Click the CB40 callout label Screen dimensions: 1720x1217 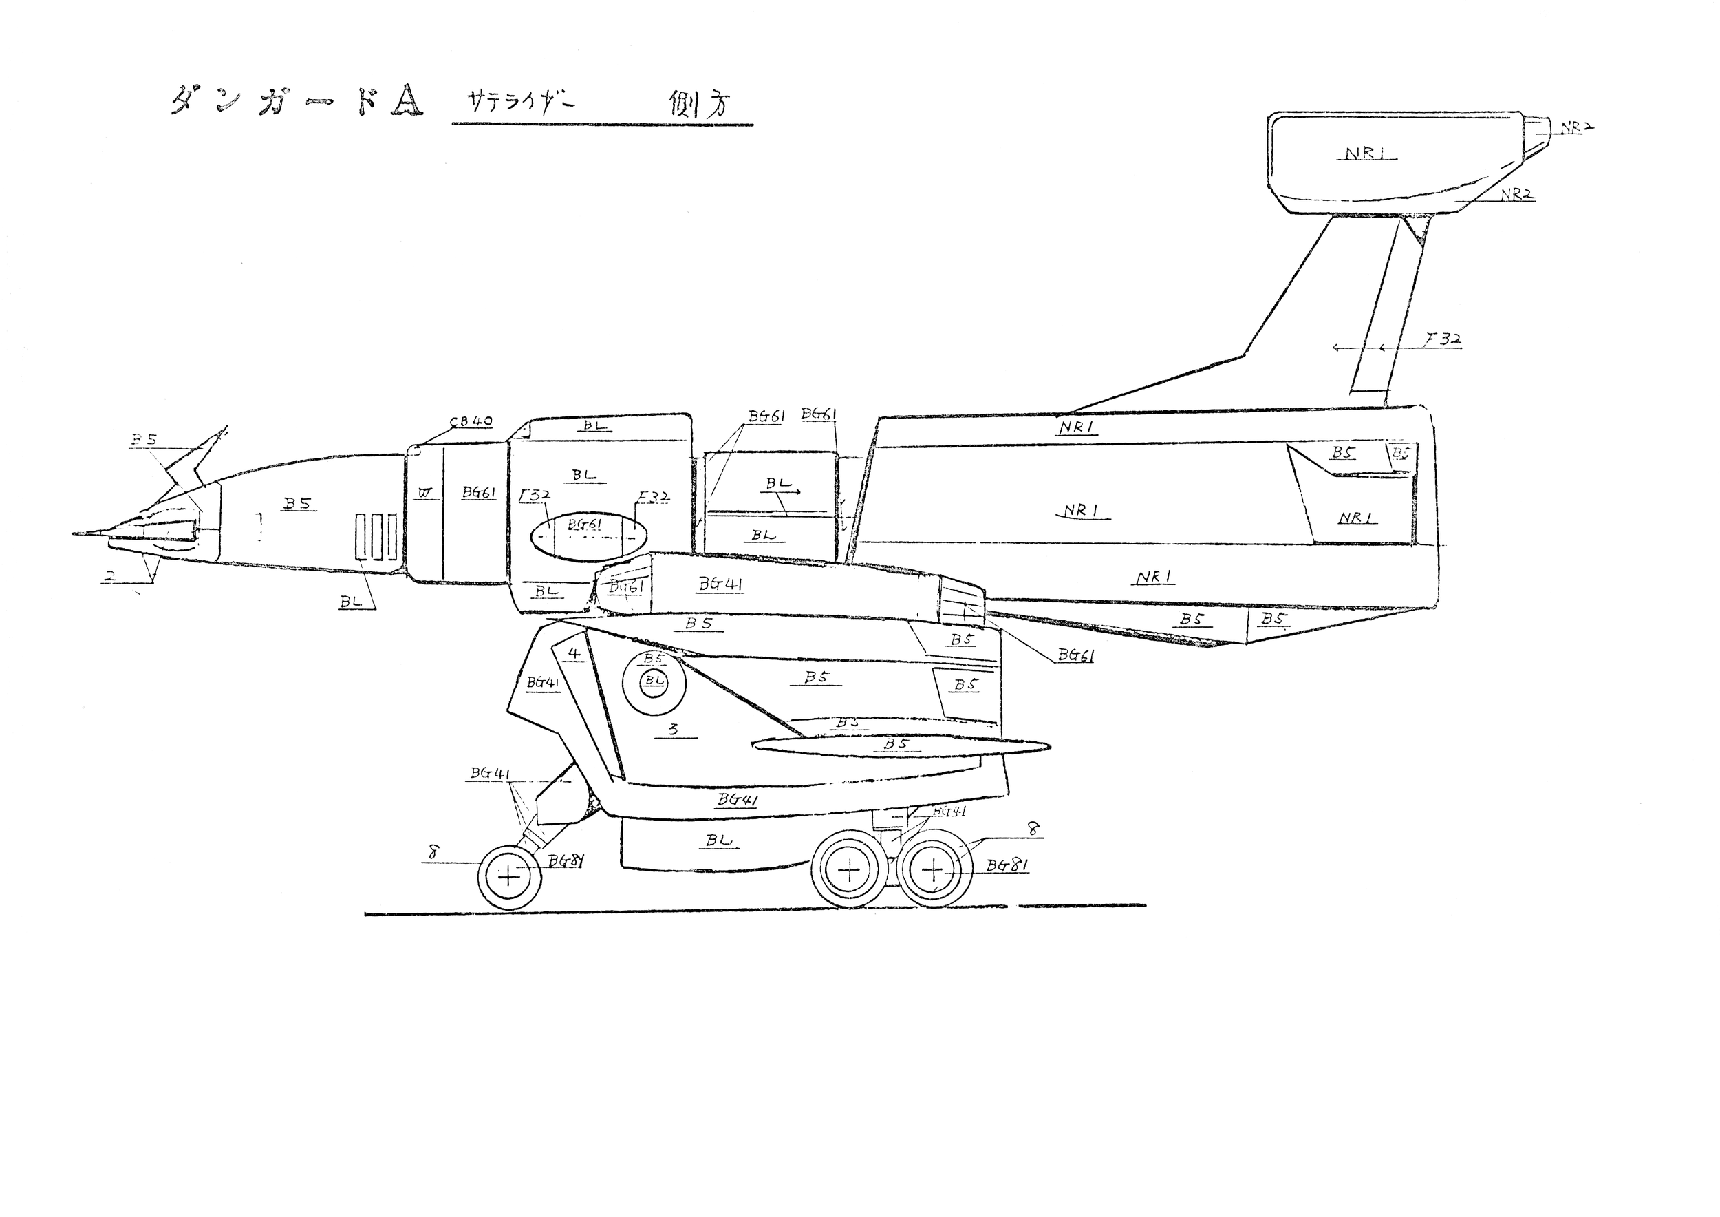point(471,421)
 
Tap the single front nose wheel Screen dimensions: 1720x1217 point(508,876)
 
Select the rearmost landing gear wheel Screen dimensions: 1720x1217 point(934,870)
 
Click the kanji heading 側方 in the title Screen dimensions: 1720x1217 point(699,105)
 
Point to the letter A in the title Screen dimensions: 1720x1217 point(407,100)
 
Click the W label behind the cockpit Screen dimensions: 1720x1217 point(424,493)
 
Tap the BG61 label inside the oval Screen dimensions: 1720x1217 point(584,525)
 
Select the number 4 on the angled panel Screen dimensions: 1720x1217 point(574,653)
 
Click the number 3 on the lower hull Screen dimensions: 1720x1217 point(673,728)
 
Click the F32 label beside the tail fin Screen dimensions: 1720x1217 point(1443,339)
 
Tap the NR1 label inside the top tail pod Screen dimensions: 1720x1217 point(1366,154)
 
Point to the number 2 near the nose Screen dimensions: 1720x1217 point(110,575)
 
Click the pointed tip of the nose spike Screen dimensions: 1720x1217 point(75,533)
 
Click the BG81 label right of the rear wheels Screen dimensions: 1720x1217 point(1006,865)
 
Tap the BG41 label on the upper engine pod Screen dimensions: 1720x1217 point(720,584)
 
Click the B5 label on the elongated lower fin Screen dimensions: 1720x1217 point(896,744)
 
